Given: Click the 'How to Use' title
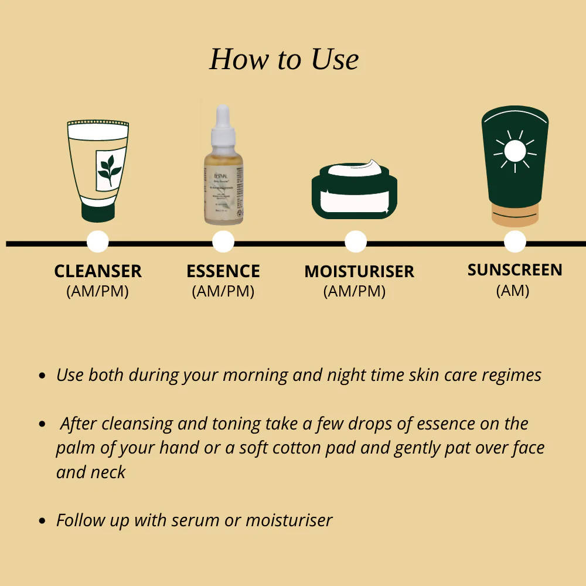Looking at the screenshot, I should click(284, 59).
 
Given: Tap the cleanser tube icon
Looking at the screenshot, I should click(98, 170).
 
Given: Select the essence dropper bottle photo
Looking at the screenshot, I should click(222, 167).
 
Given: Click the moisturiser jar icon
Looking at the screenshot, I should click(354, 190).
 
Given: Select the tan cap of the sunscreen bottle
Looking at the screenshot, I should click(515, 215).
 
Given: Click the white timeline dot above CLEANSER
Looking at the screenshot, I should click(97, 241).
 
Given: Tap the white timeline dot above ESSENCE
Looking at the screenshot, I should click(223, 241).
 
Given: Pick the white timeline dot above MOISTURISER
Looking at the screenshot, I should click(355, 241).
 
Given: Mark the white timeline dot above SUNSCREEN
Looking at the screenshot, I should click(515, 241).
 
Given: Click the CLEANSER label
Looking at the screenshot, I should click(98, 271).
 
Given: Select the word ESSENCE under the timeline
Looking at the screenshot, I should click(223, 271).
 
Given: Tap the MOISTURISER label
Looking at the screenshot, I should click(359, 272).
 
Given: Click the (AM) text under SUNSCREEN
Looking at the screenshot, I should click(513, 291).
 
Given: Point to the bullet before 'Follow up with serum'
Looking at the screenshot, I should click(42, 520).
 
